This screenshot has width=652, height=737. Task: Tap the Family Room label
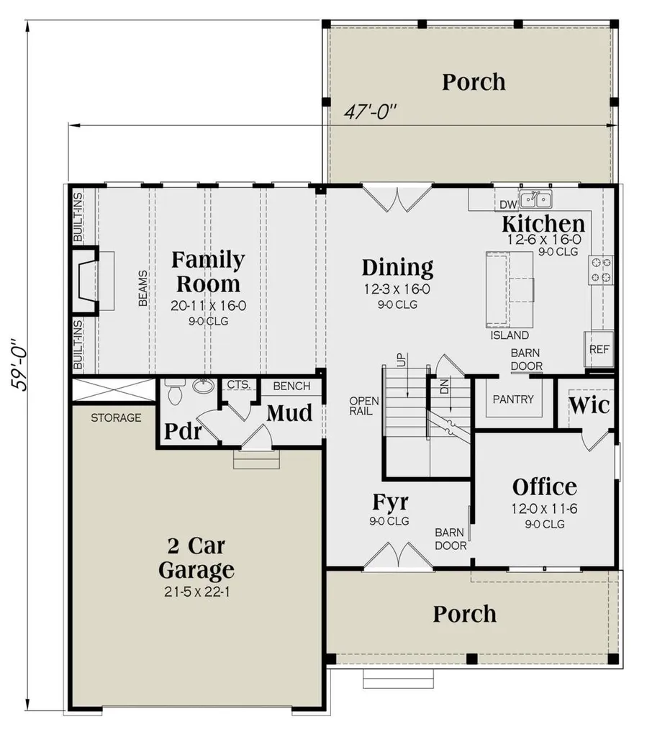(x=208, y=271)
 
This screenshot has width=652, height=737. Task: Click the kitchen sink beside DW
(x=536, y=199)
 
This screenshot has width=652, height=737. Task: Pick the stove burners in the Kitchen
(x=601, y=269)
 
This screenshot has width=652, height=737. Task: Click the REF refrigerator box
(x=599, y=349)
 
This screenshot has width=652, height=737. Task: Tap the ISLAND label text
(x=510, y=335)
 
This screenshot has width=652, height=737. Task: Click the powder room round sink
(x=204, y=386)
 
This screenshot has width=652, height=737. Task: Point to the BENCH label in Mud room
(x=291, y=386)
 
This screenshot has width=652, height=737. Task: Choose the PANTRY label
(x=513, y=399)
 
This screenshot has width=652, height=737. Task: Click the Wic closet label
(x=589, y=404)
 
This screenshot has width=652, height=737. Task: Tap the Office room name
(x=544, y=487)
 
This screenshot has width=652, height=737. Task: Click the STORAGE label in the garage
(x=116, y=417)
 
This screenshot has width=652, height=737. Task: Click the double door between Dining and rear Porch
(x=397, y=199)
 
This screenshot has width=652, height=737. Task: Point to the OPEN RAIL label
(x=360, y=407)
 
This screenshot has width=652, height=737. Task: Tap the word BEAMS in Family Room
(x=142, y=289)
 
